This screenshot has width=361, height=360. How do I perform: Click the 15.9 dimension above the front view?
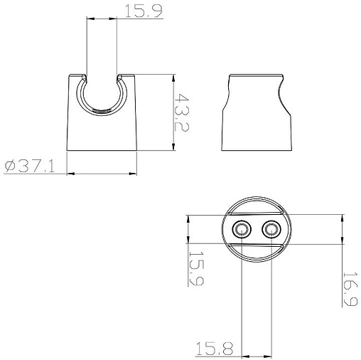tap(144, 11)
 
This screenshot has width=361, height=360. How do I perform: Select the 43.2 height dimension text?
tap(182, 112)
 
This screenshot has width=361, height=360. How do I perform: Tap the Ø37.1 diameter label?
tap(30, 166)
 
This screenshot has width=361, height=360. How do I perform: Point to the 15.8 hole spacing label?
tap(215, 349)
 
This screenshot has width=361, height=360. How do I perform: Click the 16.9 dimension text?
tap(350, 289)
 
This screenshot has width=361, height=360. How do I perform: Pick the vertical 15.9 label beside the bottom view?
tap(197, 268)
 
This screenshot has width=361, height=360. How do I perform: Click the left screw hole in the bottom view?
tap(242, 229)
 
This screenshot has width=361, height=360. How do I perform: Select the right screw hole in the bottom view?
tap(271, 229)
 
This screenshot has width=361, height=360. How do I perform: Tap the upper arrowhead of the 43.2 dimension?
tap(173, 79)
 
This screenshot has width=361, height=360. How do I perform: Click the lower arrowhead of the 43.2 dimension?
tap(173, 146)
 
